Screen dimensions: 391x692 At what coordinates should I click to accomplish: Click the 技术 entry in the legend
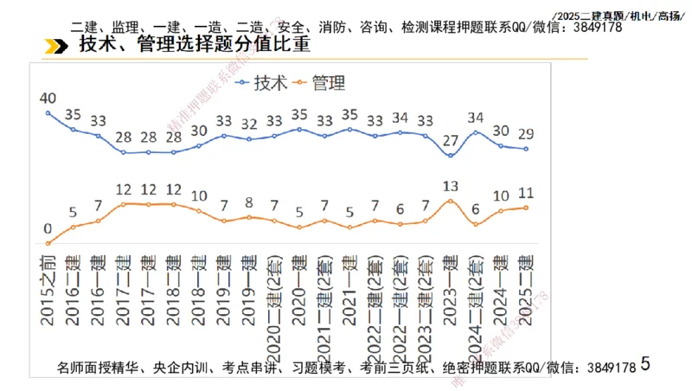(x=261, y=83)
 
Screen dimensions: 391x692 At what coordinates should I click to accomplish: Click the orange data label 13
(x=450, y=185)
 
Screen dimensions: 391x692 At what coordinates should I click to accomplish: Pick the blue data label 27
(x=450, y=141)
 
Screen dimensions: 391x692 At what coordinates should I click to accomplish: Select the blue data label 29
(x=526, y=134)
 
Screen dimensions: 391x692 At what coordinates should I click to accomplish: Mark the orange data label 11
(x=526, y=193)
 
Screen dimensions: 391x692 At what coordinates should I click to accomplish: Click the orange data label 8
(x=249, y=203)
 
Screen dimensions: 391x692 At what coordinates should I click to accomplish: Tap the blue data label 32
(x=249, y=124)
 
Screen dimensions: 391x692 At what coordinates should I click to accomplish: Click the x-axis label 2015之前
(x=48, y=288)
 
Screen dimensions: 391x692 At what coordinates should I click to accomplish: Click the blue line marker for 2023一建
(x=450, y=156)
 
